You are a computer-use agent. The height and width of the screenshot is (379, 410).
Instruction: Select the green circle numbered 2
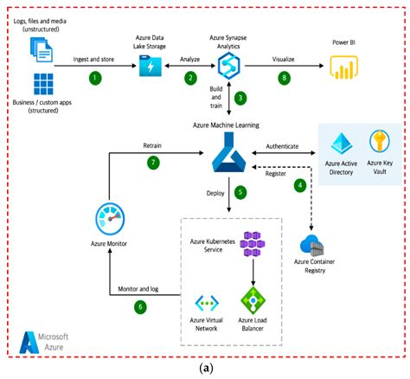tap(189, 77)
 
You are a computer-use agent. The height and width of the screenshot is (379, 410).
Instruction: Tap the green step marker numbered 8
tap(285, 77)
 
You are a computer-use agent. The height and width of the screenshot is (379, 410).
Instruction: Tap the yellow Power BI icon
tap(340, 67)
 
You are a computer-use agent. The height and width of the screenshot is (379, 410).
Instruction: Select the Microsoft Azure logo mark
tap(29, 341)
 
